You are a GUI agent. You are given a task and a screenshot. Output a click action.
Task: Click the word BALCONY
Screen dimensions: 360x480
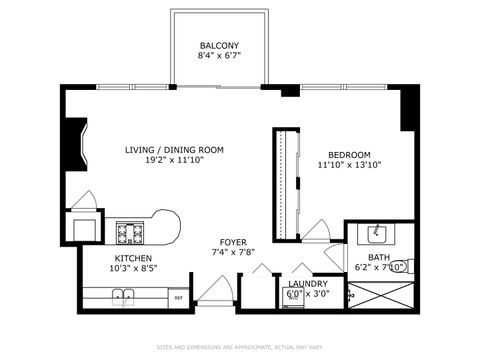(x=218, y=46)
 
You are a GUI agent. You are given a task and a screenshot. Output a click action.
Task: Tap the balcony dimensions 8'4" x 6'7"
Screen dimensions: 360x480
(x=218, y=58)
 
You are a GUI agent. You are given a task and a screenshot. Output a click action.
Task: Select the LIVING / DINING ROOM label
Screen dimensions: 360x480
(x=174, y=150)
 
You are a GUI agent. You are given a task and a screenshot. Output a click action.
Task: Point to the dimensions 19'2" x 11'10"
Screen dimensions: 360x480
(x=174, y=161)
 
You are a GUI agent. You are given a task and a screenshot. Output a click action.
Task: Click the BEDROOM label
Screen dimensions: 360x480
(x=350, y=154)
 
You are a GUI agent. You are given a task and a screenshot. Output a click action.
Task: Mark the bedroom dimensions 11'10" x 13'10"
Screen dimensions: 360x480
(x=350, y=165)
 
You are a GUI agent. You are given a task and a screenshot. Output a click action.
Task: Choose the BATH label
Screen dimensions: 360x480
(x=366, y=257)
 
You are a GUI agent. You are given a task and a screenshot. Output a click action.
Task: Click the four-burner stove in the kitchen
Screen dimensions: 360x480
(x=130, y=232)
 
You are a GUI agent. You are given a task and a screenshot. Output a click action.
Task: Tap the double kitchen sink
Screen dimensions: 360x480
(x=124, y=296)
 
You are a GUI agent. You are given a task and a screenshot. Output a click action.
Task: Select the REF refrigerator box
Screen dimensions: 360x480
(x=178, y=297)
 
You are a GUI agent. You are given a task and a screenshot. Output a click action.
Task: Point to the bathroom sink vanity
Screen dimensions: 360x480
(x=376, y=234)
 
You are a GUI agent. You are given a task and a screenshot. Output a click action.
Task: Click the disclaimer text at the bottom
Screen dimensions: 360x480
(x=240, y=347)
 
